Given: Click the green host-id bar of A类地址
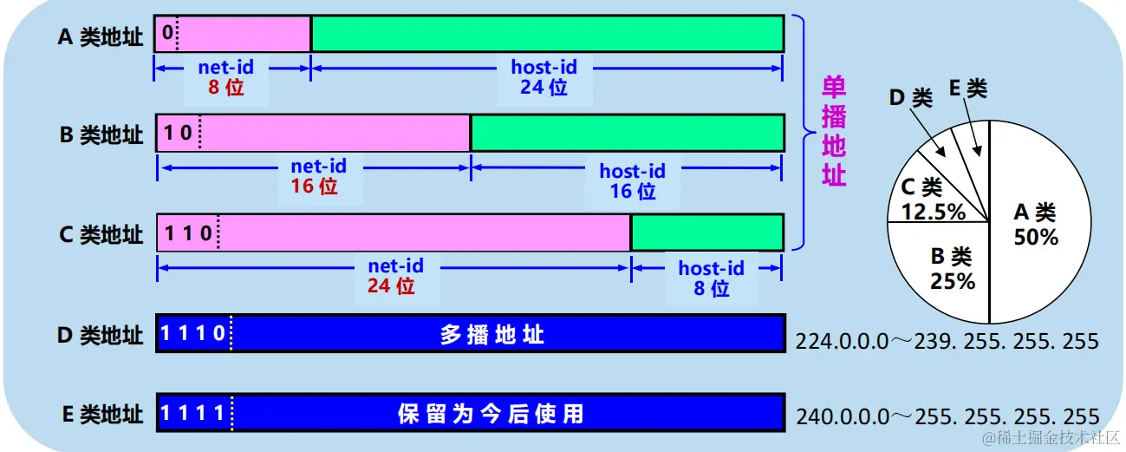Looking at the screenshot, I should coord(547,34).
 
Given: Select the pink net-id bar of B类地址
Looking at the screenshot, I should coord(334,134).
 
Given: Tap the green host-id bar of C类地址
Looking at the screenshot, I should coord(706,233).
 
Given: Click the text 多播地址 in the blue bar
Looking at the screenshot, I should coord(492,334).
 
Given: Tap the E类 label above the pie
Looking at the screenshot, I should coord(967,88).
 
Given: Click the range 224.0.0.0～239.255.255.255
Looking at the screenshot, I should coord(947,341).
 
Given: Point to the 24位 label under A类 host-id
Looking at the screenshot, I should coord(543,87).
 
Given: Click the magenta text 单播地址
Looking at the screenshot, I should coord(833,130).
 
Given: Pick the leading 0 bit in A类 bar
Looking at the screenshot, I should coord(167,34).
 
